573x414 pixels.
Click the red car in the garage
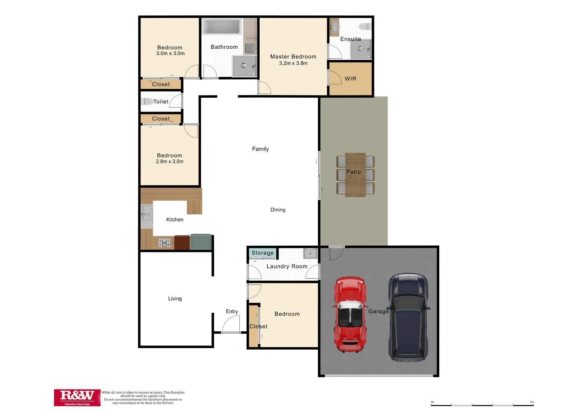[x=350, y=314]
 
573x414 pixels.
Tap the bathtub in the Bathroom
[x=221, y=27]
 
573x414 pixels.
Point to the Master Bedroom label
[x=293, y=56]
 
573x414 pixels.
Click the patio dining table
[x=355, y=175]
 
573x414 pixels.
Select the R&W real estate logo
[x=77, y=398]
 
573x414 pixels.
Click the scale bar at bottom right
[x=482, y=404]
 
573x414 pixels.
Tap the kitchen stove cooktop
[x=164, y=243]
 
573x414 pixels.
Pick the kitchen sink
[x=146, y=212]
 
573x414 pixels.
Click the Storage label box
[x=263, y=253]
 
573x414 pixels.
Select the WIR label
[x=350, y=79]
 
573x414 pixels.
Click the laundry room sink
[x=310, y=253]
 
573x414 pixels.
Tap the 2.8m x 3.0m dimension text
[x=170, y=161]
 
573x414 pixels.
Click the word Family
[x=260, y=149]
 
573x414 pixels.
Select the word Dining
[x=278, y=210]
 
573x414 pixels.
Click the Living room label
[x=175, y=299]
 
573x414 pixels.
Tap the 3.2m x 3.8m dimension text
[x=293, y=63]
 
